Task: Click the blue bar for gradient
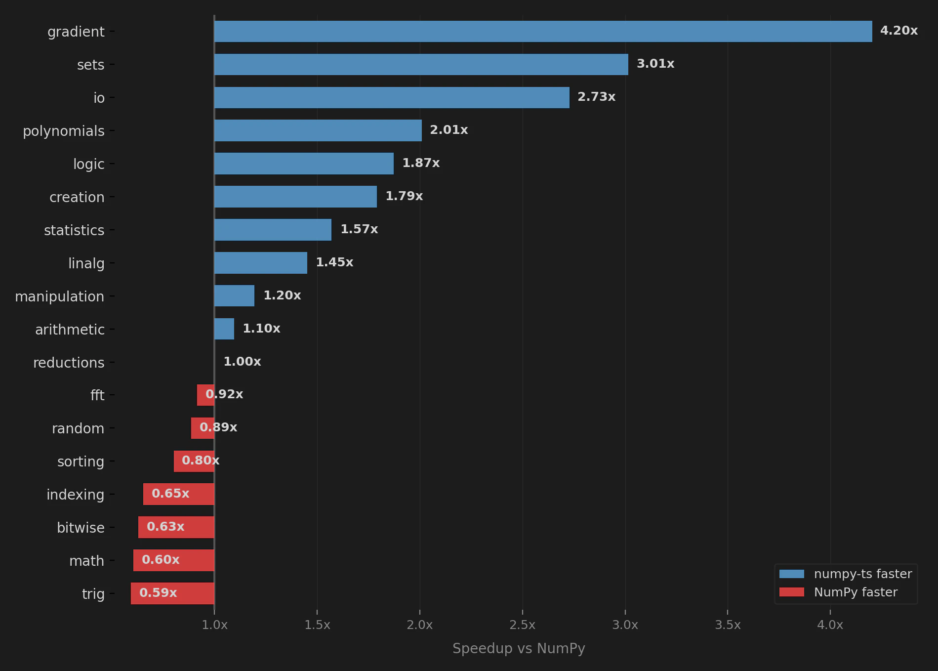click(x=543, y=31)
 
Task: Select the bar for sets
click(x=421, y=64)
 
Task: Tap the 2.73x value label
click(x=596, y=97)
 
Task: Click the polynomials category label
click(x=64, y=131)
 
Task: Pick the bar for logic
click(x=304, y=164)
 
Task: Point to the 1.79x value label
click(x=404, y=196)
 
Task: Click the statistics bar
click(x=273, y=230)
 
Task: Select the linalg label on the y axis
click(x=86, y=263)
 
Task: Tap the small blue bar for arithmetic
click(x=224, y=329)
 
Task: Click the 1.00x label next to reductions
click(x=242, y=362)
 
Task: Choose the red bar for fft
click(x=205, y=395)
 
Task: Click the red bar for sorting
click(x=194, y=461)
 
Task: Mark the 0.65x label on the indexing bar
click(x=170, y=494)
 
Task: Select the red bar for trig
click(x=172, y=593)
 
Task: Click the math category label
click(x=86, y=561)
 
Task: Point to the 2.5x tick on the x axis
click(x=522, y=625)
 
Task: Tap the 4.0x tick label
click(x=830, y=625)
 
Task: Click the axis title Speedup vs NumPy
click(x=519, y=648)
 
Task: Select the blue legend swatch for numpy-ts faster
click(x=791, y=574)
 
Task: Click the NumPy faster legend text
click(x=856, y=592)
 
